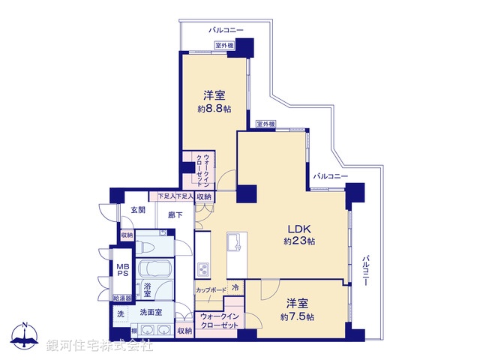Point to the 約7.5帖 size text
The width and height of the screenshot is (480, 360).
click(298, 317)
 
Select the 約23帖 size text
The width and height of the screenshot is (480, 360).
click(299, 241)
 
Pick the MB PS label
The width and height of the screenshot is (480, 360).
click(121, 268)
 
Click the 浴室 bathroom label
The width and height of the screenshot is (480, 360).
click(148, 289)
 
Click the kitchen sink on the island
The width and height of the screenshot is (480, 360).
click(233, 241)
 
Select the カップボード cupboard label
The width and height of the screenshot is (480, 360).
click(211, 288)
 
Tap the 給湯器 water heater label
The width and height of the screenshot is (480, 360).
click(123, 298)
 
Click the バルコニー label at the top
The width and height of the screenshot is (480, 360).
click(226, 29)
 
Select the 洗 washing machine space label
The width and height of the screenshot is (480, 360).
click(121, 314)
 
